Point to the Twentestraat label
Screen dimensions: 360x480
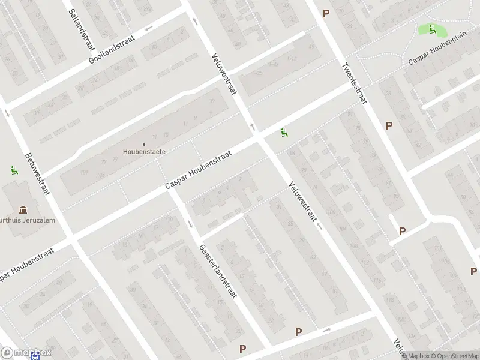click(x=354, y=85)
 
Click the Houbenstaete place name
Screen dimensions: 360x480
click(x=145, y=152)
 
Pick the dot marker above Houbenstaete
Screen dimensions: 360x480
click(x=144, y=144)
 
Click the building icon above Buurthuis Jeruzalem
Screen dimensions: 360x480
click(x=23, y=209)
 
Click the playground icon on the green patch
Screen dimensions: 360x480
click(x=432, y=29)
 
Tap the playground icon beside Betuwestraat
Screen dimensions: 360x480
click(x=14, y=170)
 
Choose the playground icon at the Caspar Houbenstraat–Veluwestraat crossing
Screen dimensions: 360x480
click(x=283, y=133)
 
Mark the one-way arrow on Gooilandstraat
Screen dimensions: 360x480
click(x=148, y=28)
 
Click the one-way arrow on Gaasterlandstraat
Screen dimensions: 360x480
click(x=190, y=224)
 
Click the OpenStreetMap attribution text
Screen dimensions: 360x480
click(x=454, y=356)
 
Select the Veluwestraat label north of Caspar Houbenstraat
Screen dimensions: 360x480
click(x=224, y=74)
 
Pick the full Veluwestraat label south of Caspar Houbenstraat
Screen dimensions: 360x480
click(x=302, y=202)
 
